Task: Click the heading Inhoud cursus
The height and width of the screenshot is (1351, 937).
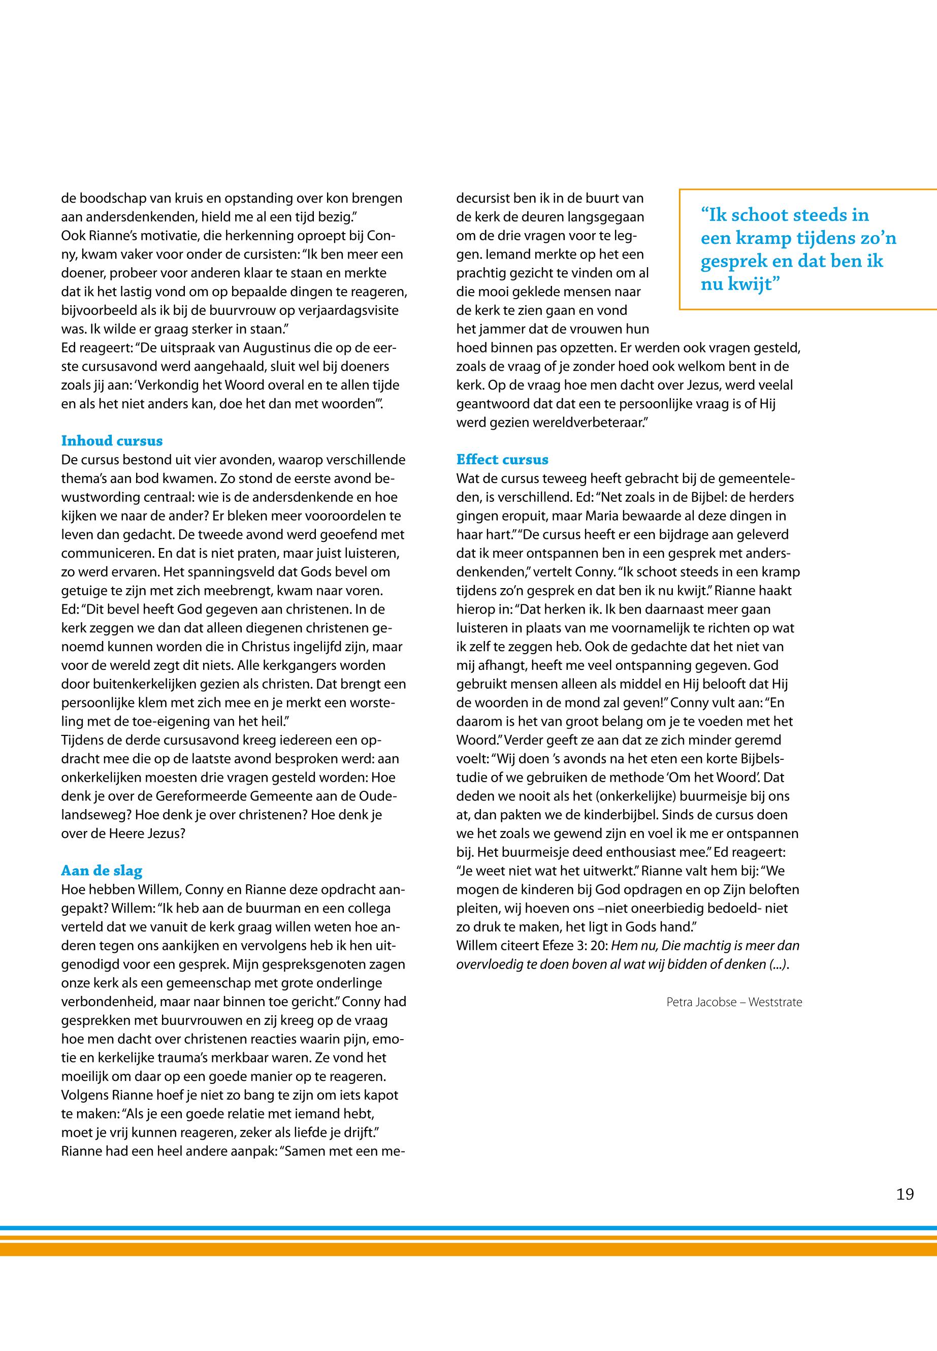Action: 112,441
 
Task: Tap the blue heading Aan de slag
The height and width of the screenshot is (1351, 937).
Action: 102,871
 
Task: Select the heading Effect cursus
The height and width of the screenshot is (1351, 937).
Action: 502,460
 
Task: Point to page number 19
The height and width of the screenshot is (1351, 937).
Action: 904,1194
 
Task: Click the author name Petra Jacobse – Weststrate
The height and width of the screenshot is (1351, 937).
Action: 734,1002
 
